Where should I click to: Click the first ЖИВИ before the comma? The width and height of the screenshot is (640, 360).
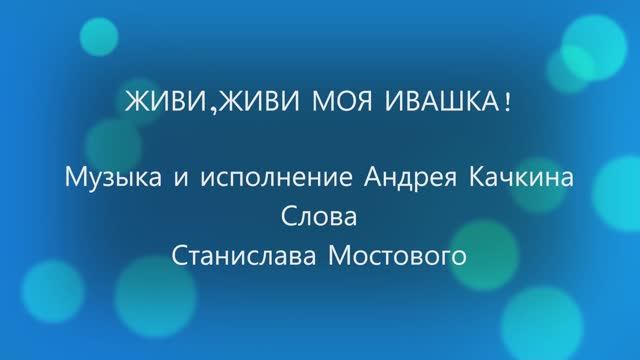click(149, 104)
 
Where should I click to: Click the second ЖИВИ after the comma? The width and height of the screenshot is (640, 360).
click(228, 104)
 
